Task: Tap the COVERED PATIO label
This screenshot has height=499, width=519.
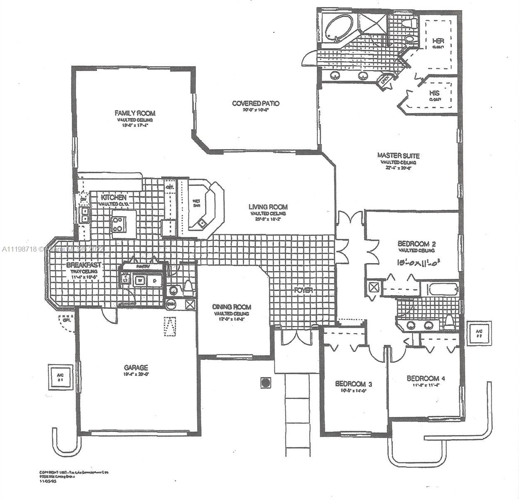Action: coord(255,104)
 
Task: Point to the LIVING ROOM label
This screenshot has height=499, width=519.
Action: coord(268,207)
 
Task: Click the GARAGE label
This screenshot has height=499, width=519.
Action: coord(136,368)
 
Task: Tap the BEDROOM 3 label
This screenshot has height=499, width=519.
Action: coord(353,384)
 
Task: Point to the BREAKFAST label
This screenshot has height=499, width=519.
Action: coord(84,265)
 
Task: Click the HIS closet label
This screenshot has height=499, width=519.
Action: coord(435,93)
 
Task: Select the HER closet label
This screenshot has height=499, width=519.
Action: coord(438,41)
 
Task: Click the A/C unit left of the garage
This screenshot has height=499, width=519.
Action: coord(60,377)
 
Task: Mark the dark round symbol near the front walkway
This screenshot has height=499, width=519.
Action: coord(265,382)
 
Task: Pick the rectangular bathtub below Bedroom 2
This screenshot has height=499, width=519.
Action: coord(443,289)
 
